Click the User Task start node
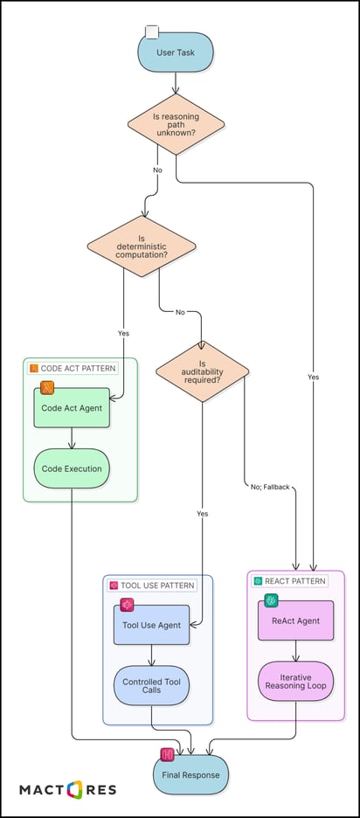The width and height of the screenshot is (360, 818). (176, 52)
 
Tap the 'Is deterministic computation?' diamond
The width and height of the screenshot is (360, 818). (141, 247)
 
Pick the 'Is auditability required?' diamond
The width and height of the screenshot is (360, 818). (202, 371)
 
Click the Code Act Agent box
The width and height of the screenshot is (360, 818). (72, 408)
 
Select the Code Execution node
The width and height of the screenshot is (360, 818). (72, 468)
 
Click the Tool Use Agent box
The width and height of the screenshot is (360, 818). (151, 625)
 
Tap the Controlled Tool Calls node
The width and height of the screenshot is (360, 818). (151, 686)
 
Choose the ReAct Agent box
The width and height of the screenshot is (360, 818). (295, 620)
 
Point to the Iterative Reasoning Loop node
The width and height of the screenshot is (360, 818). (295, 681)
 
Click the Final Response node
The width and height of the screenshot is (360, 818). (190, 773)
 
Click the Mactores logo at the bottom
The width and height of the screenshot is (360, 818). (68, 790)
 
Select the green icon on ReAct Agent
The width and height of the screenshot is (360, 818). (272, 600)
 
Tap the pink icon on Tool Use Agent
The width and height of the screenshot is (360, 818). (127, 605)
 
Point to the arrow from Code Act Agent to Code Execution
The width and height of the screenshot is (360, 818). (72, 438)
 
